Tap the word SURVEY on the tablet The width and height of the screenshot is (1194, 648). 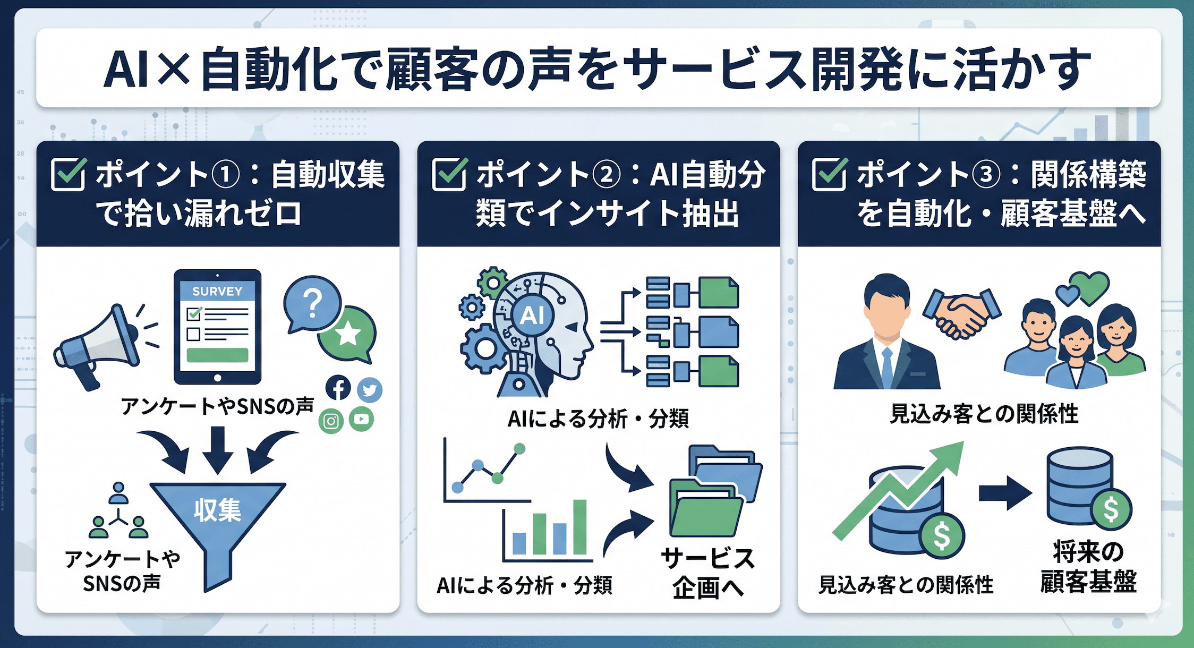click(x=217, y=291)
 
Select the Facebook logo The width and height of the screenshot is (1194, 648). click(x=338, y=388)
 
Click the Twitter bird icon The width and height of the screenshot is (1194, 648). click(x=370, y=390)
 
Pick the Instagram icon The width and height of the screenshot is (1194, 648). click(x=331, y=421)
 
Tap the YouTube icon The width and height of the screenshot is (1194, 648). click(x=362, y=419)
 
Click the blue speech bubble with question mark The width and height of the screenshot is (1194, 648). click(x=312, y=304)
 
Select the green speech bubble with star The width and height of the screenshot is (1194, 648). click(x=348, y=334)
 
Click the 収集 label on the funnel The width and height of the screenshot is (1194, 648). click(x=217, y=510)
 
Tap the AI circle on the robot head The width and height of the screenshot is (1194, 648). click(x=532, y=316)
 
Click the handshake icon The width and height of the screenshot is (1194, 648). click(x=961, y=313)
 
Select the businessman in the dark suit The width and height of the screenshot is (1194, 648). click(x=887, y=335)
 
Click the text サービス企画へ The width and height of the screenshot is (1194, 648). click(x=708, y=573)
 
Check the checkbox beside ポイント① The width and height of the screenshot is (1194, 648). click(x=69, y=174)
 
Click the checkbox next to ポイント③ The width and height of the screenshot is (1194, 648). click(x=829, y=174)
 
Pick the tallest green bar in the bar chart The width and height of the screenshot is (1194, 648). click(x=579, y=527)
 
